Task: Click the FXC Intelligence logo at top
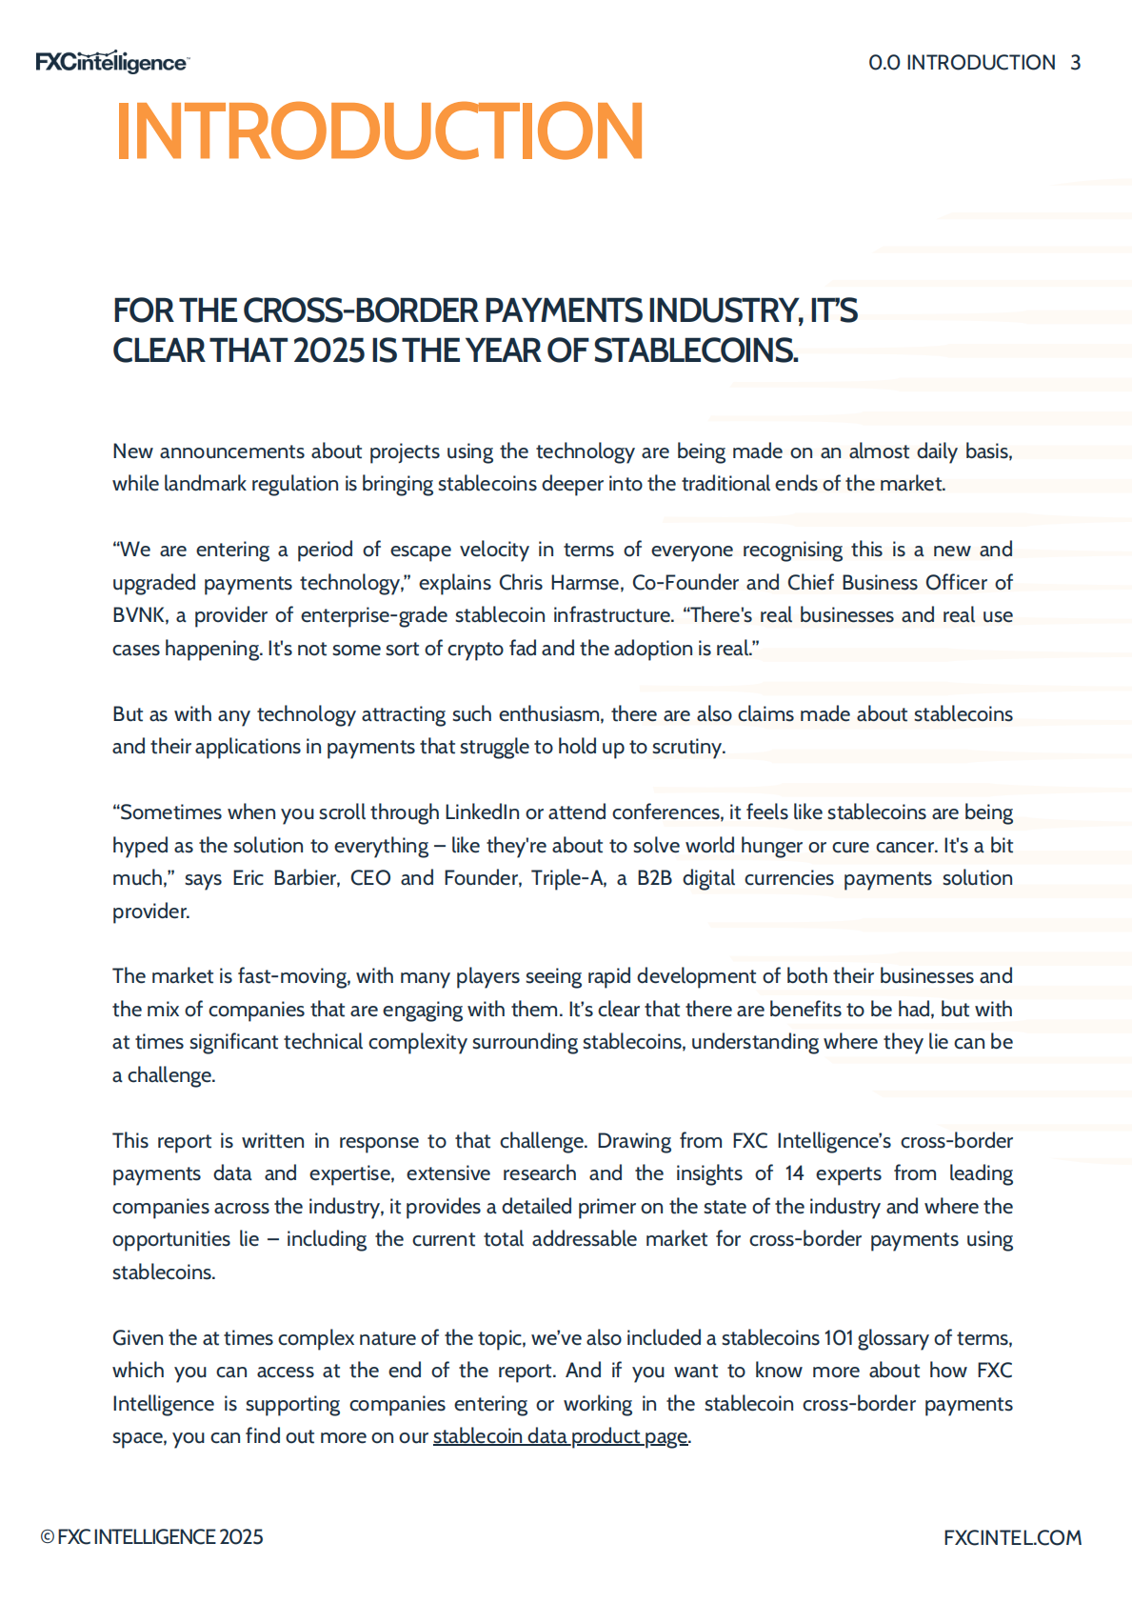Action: coord(112,62)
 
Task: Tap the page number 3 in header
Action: coord(1075,63)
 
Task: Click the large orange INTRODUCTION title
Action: coord(379,131)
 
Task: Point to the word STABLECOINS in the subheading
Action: coord(695,351)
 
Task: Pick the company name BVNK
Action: coord(139,615)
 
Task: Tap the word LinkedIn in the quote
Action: coord(482,812)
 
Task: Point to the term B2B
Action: coord(654,878)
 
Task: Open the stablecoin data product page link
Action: coord(560,1436)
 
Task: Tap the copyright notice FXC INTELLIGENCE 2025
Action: coord(152,1537)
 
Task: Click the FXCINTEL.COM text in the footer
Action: coord(1012,1537)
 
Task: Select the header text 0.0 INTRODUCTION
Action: coord(962,63)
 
